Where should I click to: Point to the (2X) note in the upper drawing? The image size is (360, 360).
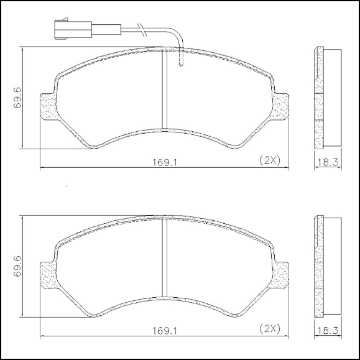point(270,160)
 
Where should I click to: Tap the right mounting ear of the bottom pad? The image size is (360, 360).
point(280,274)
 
